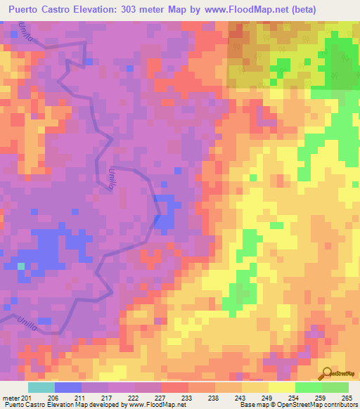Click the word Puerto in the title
coord(28,9)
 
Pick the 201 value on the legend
coord(27,397)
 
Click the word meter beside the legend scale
coord(11,397)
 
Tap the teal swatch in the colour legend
coord(41,387)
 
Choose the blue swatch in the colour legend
coord(67,387)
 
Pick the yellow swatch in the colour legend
coord(281,387)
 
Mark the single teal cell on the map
coord(21,266)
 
